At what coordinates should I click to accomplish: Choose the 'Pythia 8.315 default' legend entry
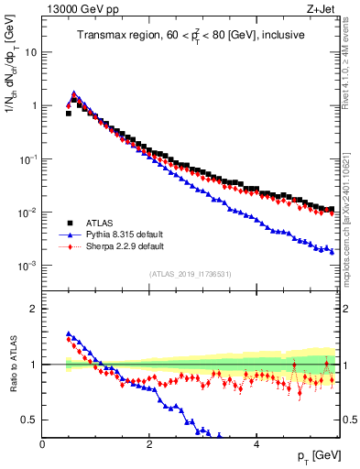pyautogui.click(x=125, y=234)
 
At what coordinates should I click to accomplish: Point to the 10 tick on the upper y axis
pyautogui.click(x=30, y=51)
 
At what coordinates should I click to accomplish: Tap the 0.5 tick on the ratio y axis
pyautogui.click(x=29, y=420)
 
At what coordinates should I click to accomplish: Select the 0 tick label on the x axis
pyautogui.click(x=43, y=444)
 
